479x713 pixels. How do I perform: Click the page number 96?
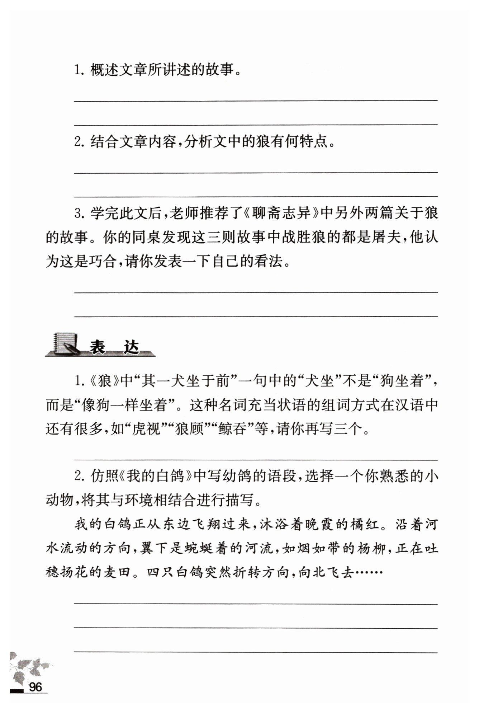[35, 687]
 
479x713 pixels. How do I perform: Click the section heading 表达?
[114, 347]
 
